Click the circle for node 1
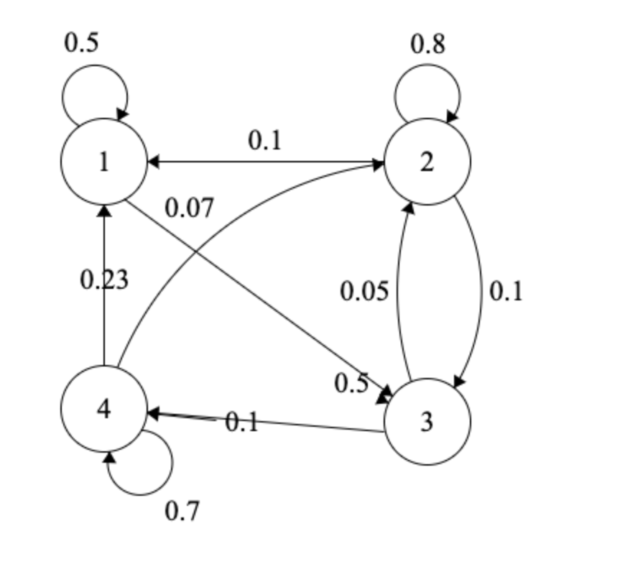(104, 162)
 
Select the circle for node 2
(427, 162)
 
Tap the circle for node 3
(427, 422)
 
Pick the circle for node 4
(104, 409)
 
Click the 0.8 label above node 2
(427, 45)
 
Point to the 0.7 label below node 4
(182, 512)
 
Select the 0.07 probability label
(189, 208)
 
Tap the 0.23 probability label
(104, 280)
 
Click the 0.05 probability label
(364, 291)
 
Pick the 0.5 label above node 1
(81, 43)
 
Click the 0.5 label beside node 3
(351, 384)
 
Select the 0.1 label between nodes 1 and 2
(265, 141)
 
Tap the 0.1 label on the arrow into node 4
(241, 422)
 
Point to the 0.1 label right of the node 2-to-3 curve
(506, 291)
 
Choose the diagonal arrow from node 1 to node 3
(287, 316)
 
